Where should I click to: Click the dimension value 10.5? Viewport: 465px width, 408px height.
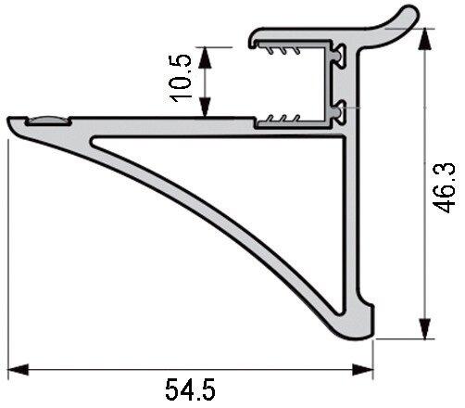tap(182, 77)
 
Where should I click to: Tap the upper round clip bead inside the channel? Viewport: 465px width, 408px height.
tap(341, 57)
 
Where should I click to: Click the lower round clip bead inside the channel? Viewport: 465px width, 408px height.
tap(341, 111)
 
